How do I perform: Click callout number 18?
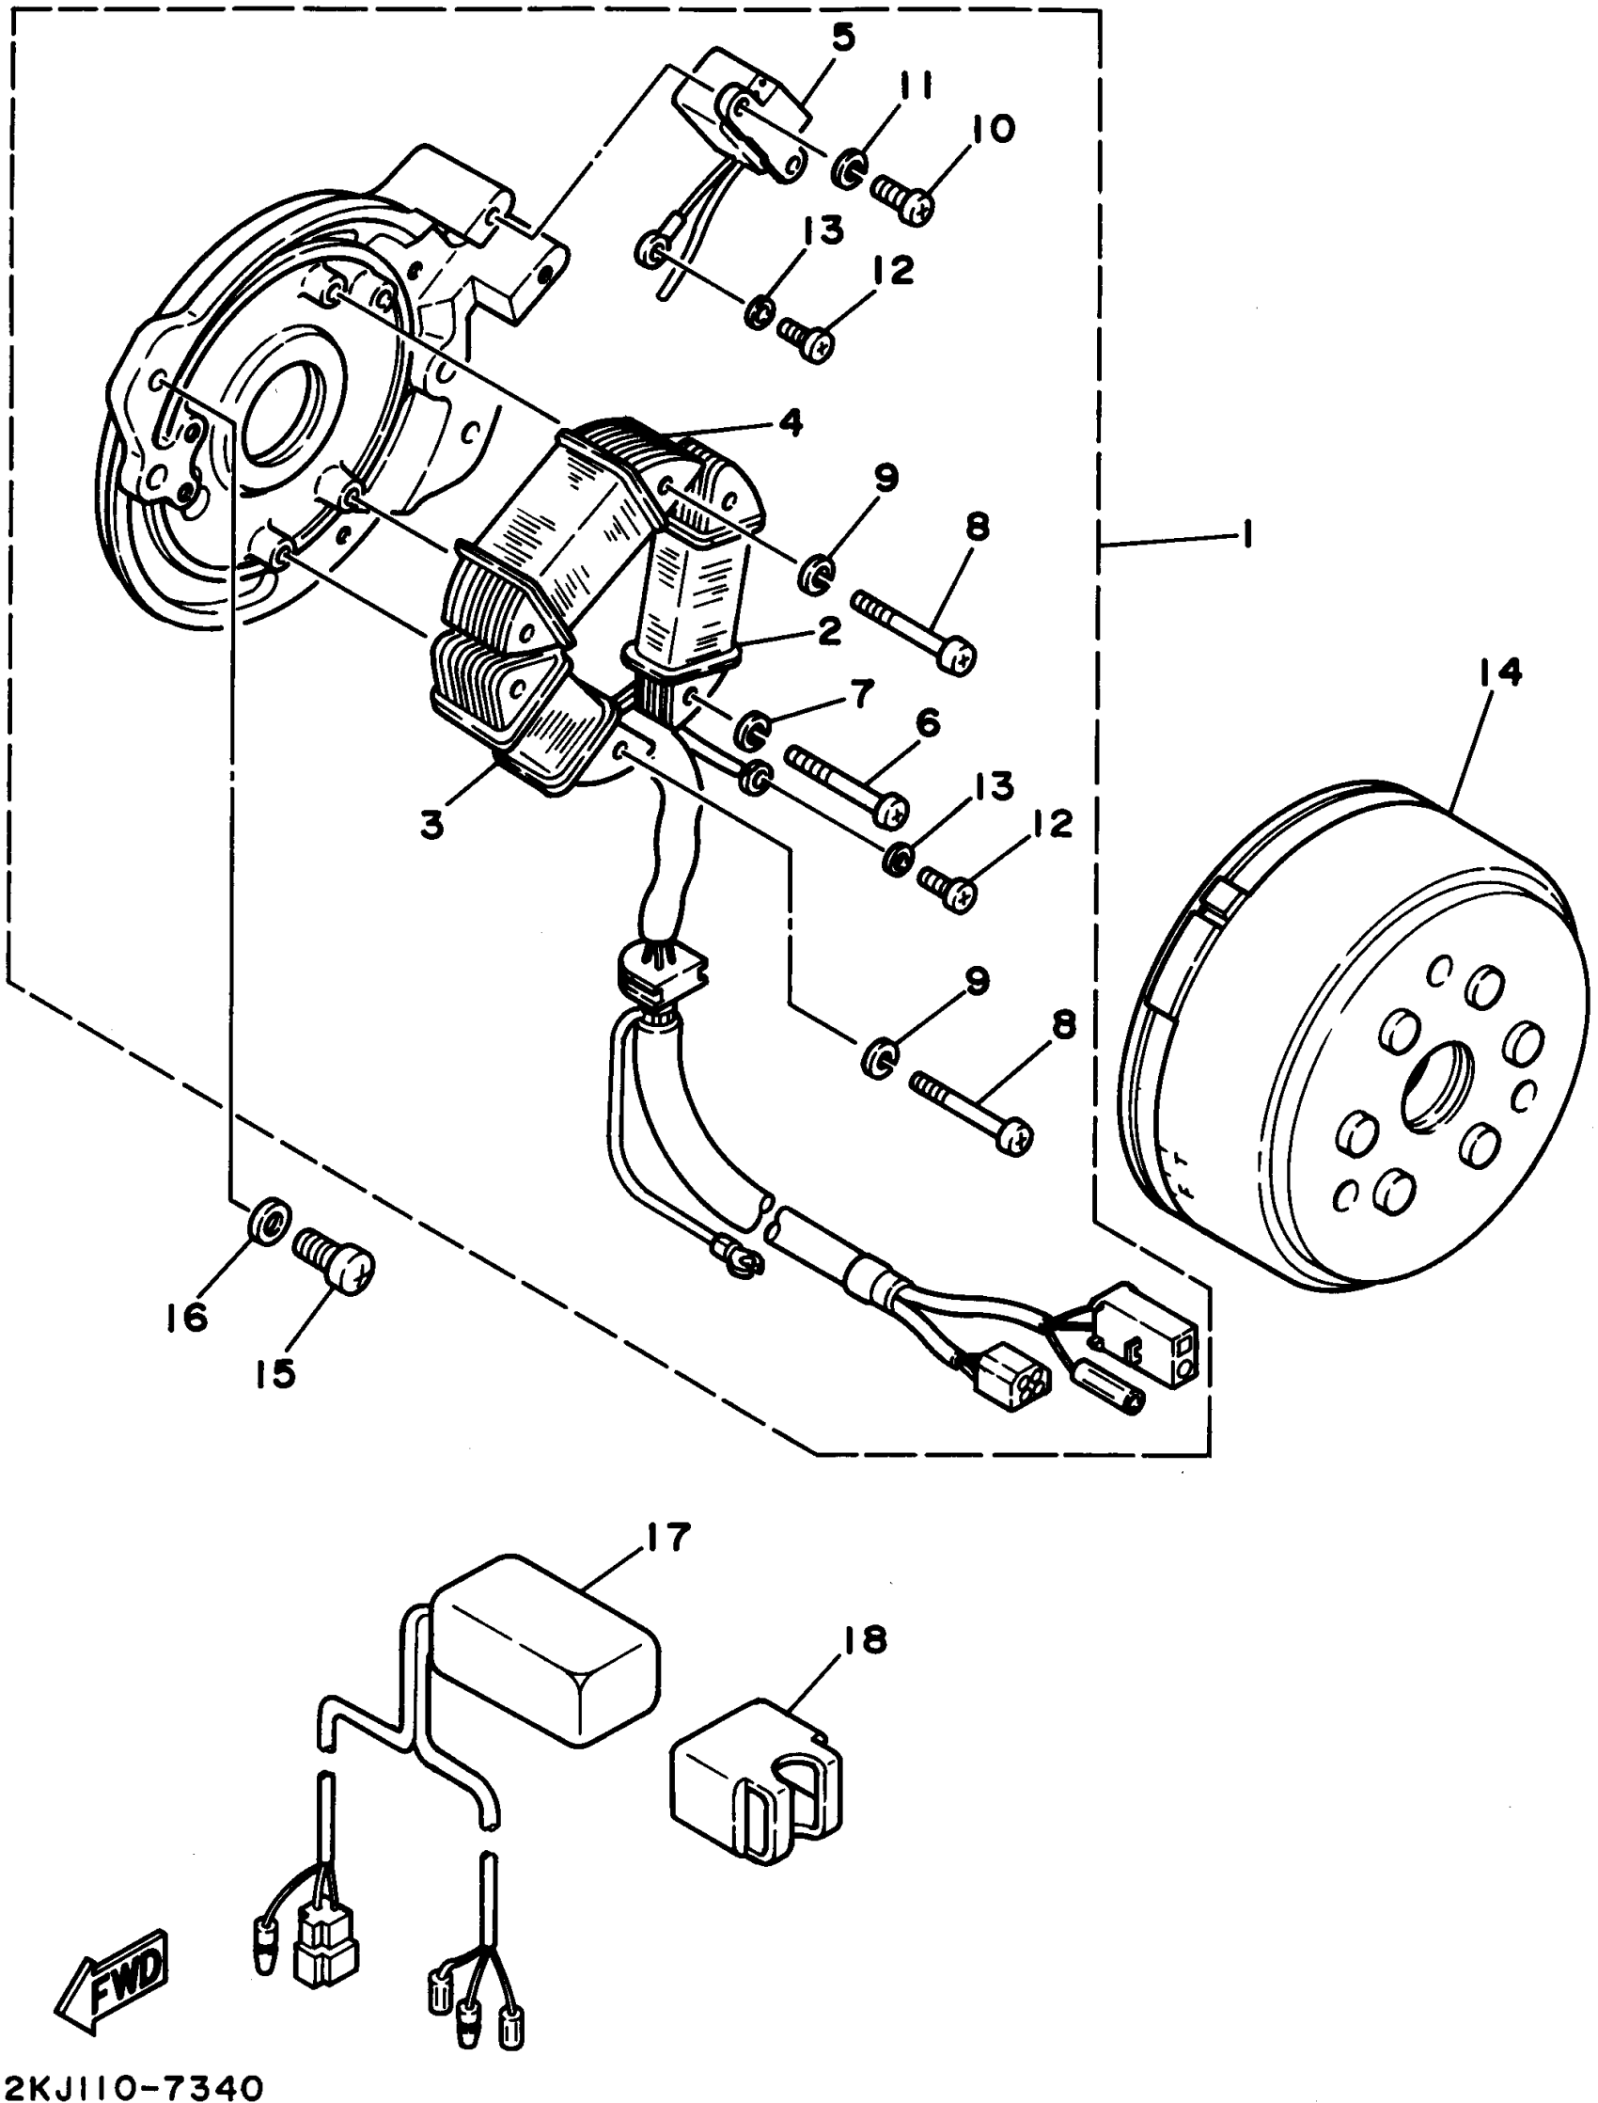pyautogui.click(x=863, y=1638)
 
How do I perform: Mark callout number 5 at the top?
pyautogui.click(x=843, y=39)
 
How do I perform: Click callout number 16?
pyautogui.click(x=187, y=1318)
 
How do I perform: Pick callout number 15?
pyautogui.click(x=275, y=1372)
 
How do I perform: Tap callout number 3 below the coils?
pyautogui.click(x=432, y=824)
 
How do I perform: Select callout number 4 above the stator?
pyautogui.click(x=790, y=421)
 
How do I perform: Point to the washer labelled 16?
pyautogui.click(x=270, y=1221)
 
